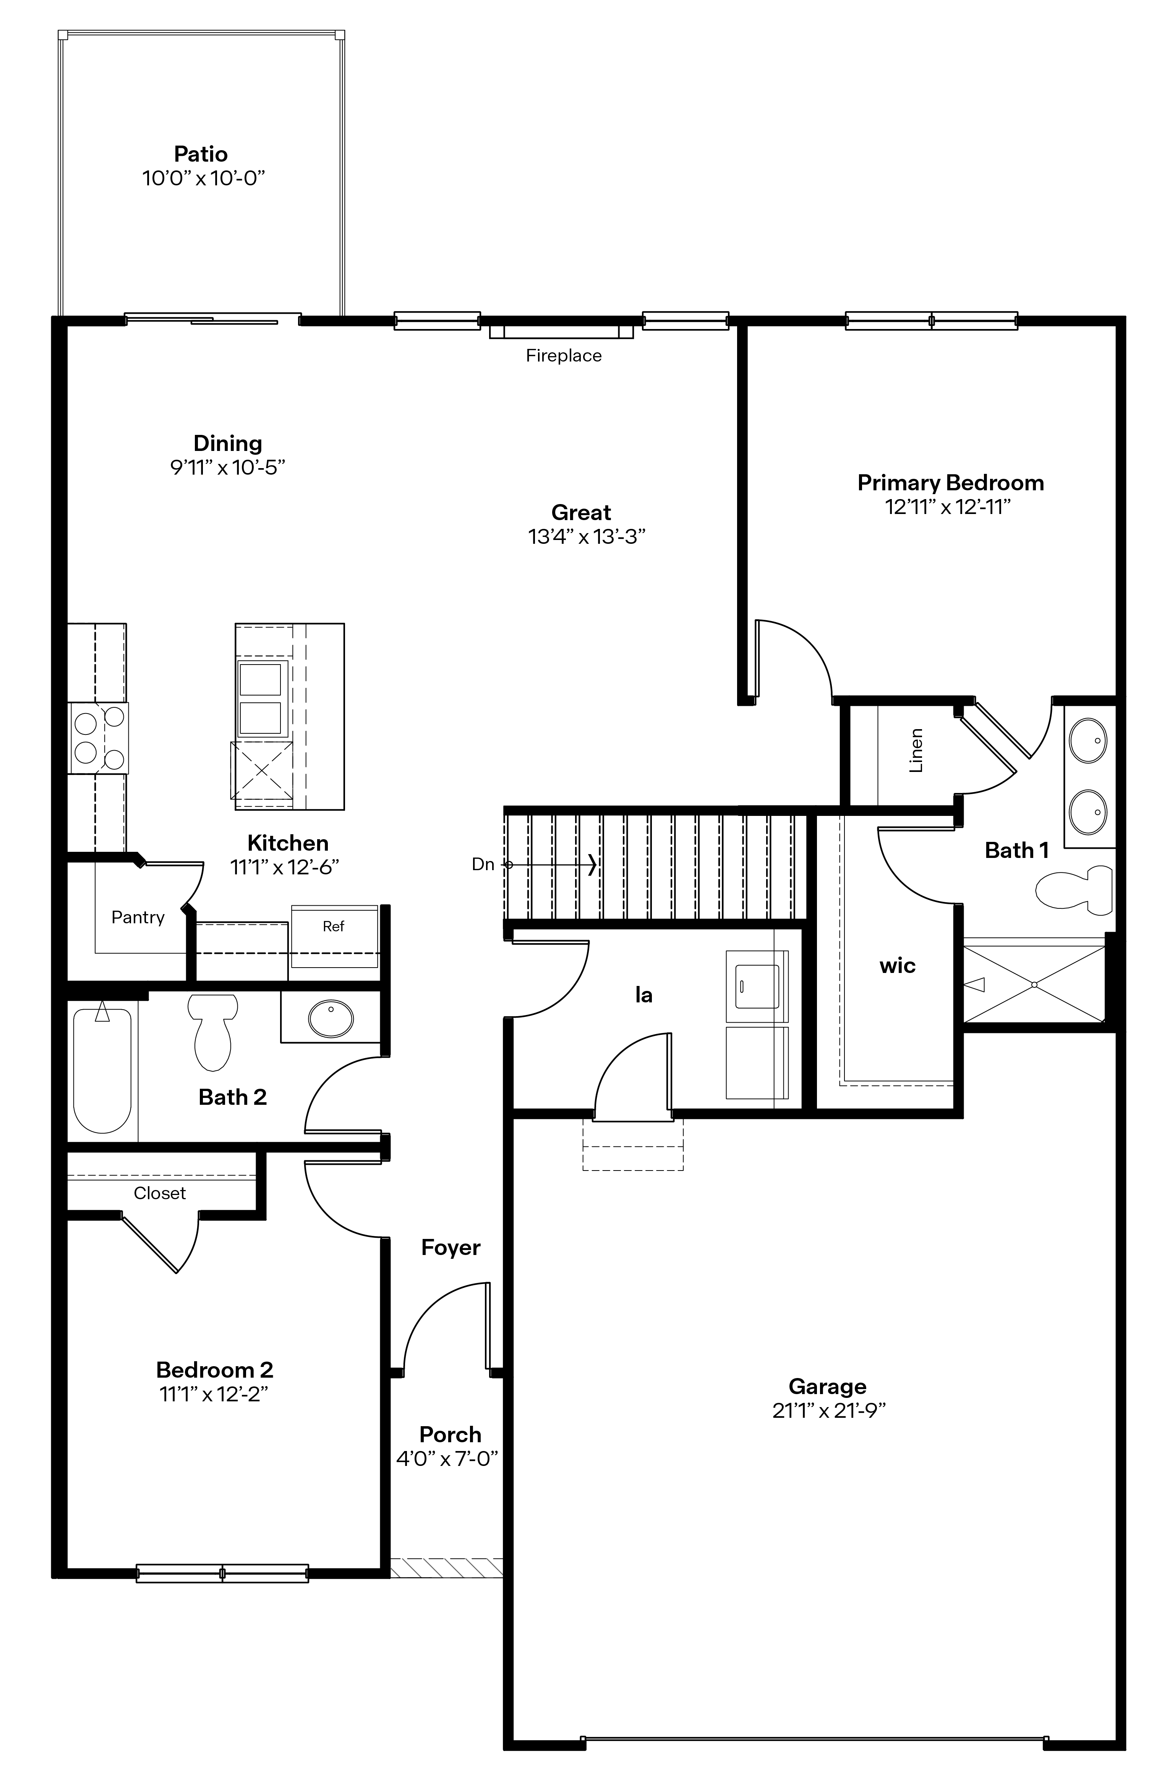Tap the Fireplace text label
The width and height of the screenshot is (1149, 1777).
[563, 356]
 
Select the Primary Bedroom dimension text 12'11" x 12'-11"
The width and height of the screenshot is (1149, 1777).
[948, 507]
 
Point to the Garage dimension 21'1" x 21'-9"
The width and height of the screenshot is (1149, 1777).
[828, 1411]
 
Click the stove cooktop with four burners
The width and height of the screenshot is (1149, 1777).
[99, 738]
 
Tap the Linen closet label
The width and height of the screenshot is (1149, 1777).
[916, 751]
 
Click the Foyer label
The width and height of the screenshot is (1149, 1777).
[451, 1247]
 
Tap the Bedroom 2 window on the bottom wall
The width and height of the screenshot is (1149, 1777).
[222, 1573]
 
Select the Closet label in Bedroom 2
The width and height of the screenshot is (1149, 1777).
[160, 1193]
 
